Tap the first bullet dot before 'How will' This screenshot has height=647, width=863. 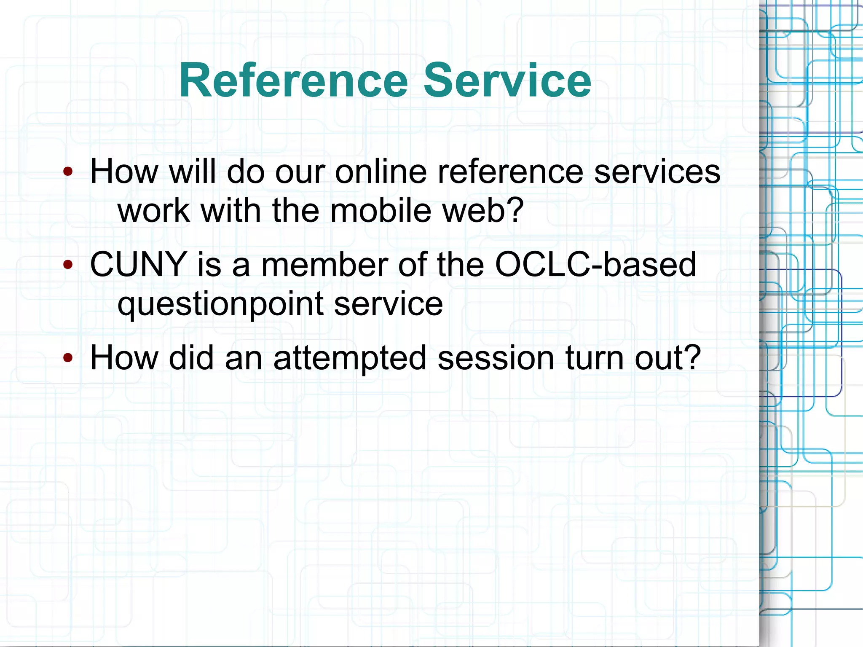coord(68,172)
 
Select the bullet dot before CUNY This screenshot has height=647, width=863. coord(68,265)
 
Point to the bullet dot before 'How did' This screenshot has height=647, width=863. coord(68,358)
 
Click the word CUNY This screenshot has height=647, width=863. coord(139,265)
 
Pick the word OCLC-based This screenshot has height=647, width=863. coord(595,265)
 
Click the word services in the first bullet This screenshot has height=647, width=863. coord(657,172)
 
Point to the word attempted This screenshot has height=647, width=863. coord(350,358)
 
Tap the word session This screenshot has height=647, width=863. coord(496,358)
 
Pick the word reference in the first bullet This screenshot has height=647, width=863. coord(510,172)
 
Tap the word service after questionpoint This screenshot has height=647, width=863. coord(389,304)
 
